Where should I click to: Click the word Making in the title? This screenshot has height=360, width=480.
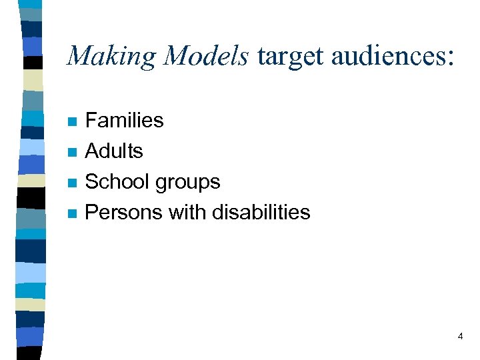(111, 56)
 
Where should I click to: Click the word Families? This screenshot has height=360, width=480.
(125, 120)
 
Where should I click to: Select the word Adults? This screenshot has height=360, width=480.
(114, 151)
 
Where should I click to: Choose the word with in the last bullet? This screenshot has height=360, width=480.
(188, 212)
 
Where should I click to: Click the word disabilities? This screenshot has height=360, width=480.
(261, 212)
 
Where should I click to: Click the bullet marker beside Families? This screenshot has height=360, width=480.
(73, 122)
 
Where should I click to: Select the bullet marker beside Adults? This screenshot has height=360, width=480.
(73, 153)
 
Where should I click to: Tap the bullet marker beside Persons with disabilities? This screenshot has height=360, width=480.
(73, 214)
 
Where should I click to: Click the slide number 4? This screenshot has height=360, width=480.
(460, 337)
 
